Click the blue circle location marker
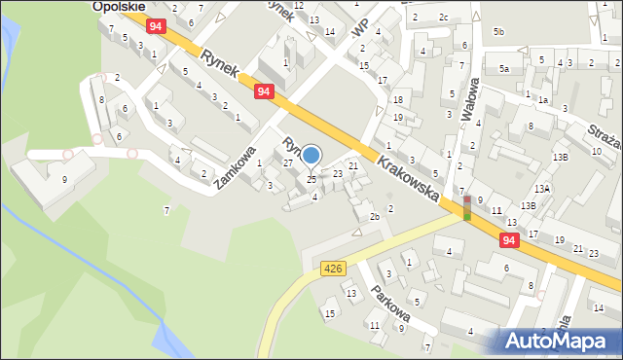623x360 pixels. (x=311, y=155)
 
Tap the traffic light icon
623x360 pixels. (x=467, y=207)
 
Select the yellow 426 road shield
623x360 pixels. (x=333, y=268)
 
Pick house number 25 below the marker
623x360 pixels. (x=311, y=179)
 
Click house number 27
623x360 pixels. (x=287, y=163)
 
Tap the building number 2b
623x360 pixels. (x=374, y=216)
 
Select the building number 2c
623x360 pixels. (x=443, y=18)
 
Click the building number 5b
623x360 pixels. (x=498, y=32)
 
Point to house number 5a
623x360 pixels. (x=504, y=68)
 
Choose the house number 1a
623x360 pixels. (x=543, y=100)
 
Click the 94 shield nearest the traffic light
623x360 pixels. (x=509, y=238)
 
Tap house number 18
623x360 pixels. (x=397, y=100)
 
